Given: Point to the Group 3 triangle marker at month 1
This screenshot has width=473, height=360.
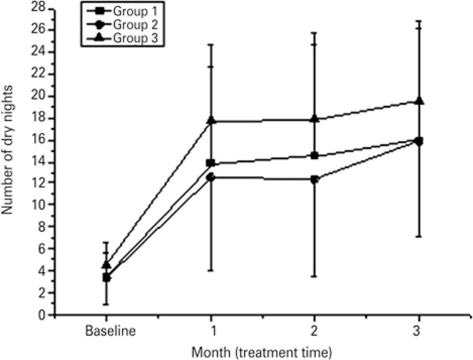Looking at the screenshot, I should (x=211, y=121).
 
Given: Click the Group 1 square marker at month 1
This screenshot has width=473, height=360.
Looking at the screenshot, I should (x=211, y=163).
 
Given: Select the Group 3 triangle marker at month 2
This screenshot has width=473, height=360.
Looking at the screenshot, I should (x=315, y=119).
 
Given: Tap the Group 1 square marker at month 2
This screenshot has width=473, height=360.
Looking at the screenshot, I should (x=315, y=156).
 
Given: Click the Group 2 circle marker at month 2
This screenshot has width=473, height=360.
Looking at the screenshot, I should (x=315, y=180).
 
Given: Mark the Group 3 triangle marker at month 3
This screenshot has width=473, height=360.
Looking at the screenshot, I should (x=419, y=101).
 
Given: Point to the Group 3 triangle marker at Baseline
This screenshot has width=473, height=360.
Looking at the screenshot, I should (x=107, y=265).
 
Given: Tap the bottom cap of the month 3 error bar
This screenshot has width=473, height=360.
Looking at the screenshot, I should (x=419, y=237).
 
